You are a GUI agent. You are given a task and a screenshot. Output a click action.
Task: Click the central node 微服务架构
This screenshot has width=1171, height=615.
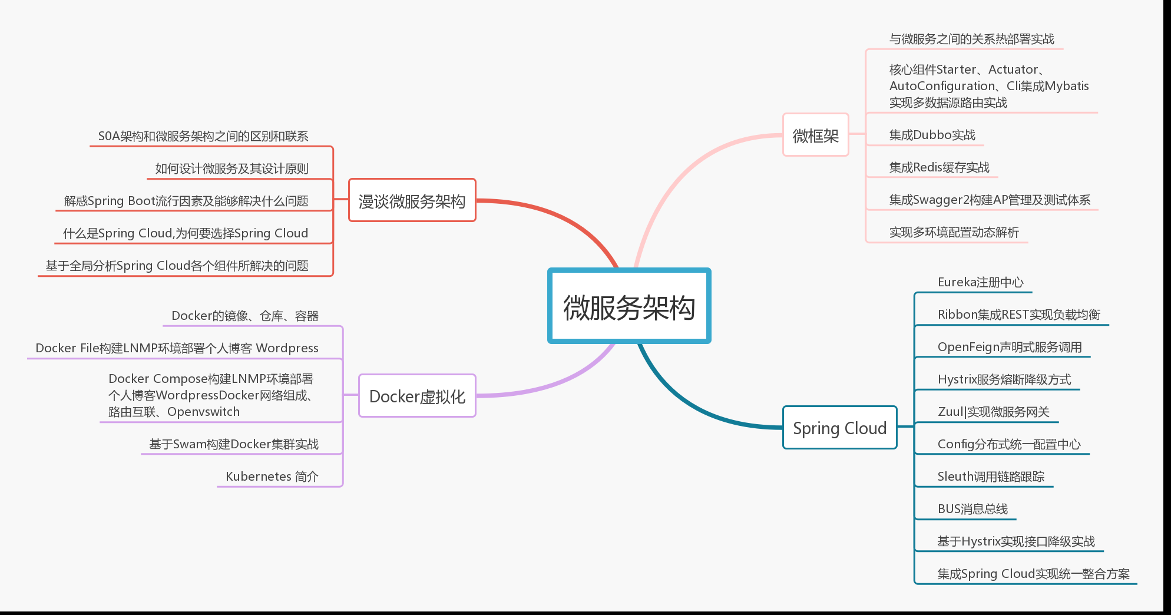click(x=629, y=306)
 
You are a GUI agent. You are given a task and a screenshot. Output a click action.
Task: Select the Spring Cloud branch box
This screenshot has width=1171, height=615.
click(x=839, y=428)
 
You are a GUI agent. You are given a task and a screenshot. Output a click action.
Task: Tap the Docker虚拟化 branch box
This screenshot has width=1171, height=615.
click(x=417, y=396)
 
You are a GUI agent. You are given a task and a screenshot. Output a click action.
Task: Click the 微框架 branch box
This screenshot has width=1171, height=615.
click(x=815, y=135)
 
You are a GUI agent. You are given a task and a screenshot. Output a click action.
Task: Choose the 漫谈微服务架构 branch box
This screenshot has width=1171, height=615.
click(x=412, y=201)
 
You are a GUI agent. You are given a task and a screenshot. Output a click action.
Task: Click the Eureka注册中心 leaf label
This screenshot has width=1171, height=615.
click(x=980, y=282)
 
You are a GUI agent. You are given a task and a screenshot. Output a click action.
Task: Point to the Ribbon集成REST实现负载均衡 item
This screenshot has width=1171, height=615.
click(x=1018, y=315)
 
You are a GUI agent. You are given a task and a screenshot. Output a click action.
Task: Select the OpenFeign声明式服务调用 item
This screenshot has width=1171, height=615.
click(x=1009, y=347)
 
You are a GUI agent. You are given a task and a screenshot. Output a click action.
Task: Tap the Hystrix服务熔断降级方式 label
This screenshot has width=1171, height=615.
click(x=1004, y=379)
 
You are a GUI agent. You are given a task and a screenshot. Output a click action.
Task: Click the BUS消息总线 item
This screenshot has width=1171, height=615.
click(x=972, y=509)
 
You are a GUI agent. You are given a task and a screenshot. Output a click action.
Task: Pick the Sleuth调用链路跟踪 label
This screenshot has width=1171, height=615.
click(x=991, y=477)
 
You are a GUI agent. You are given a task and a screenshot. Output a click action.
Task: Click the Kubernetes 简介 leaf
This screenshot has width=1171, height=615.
click(x=272, y=477)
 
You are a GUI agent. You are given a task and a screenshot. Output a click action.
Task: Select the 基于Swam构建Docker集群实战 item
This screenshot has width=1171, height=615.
click(x=234, y=444)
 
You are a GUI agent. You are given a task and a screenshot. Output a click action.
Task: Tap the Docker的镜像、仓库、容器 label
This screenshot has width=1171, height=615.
click(x=244, y=316)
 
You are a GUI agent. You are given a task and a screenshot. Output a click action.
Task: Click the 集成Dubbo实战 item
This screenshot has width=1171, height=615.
click(x=932, y=135)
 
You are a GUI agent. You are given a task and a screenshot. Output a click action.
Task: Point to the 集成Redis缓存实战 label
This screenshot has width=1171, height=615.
click(x=939, y=167)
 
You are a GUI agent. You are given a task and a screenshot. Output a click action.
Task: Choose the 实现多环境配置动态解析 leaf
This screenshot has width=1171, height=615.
click(x=954, y=232)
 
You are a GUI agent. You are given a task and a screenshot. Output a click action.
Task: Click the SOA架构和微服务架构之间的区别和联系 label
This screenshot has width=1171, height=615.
click(x=203, y=136)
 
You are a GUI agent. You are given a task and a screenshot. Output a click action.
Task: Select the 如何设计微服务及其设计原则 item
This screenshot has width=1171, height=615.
click(x=231, y=168)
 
